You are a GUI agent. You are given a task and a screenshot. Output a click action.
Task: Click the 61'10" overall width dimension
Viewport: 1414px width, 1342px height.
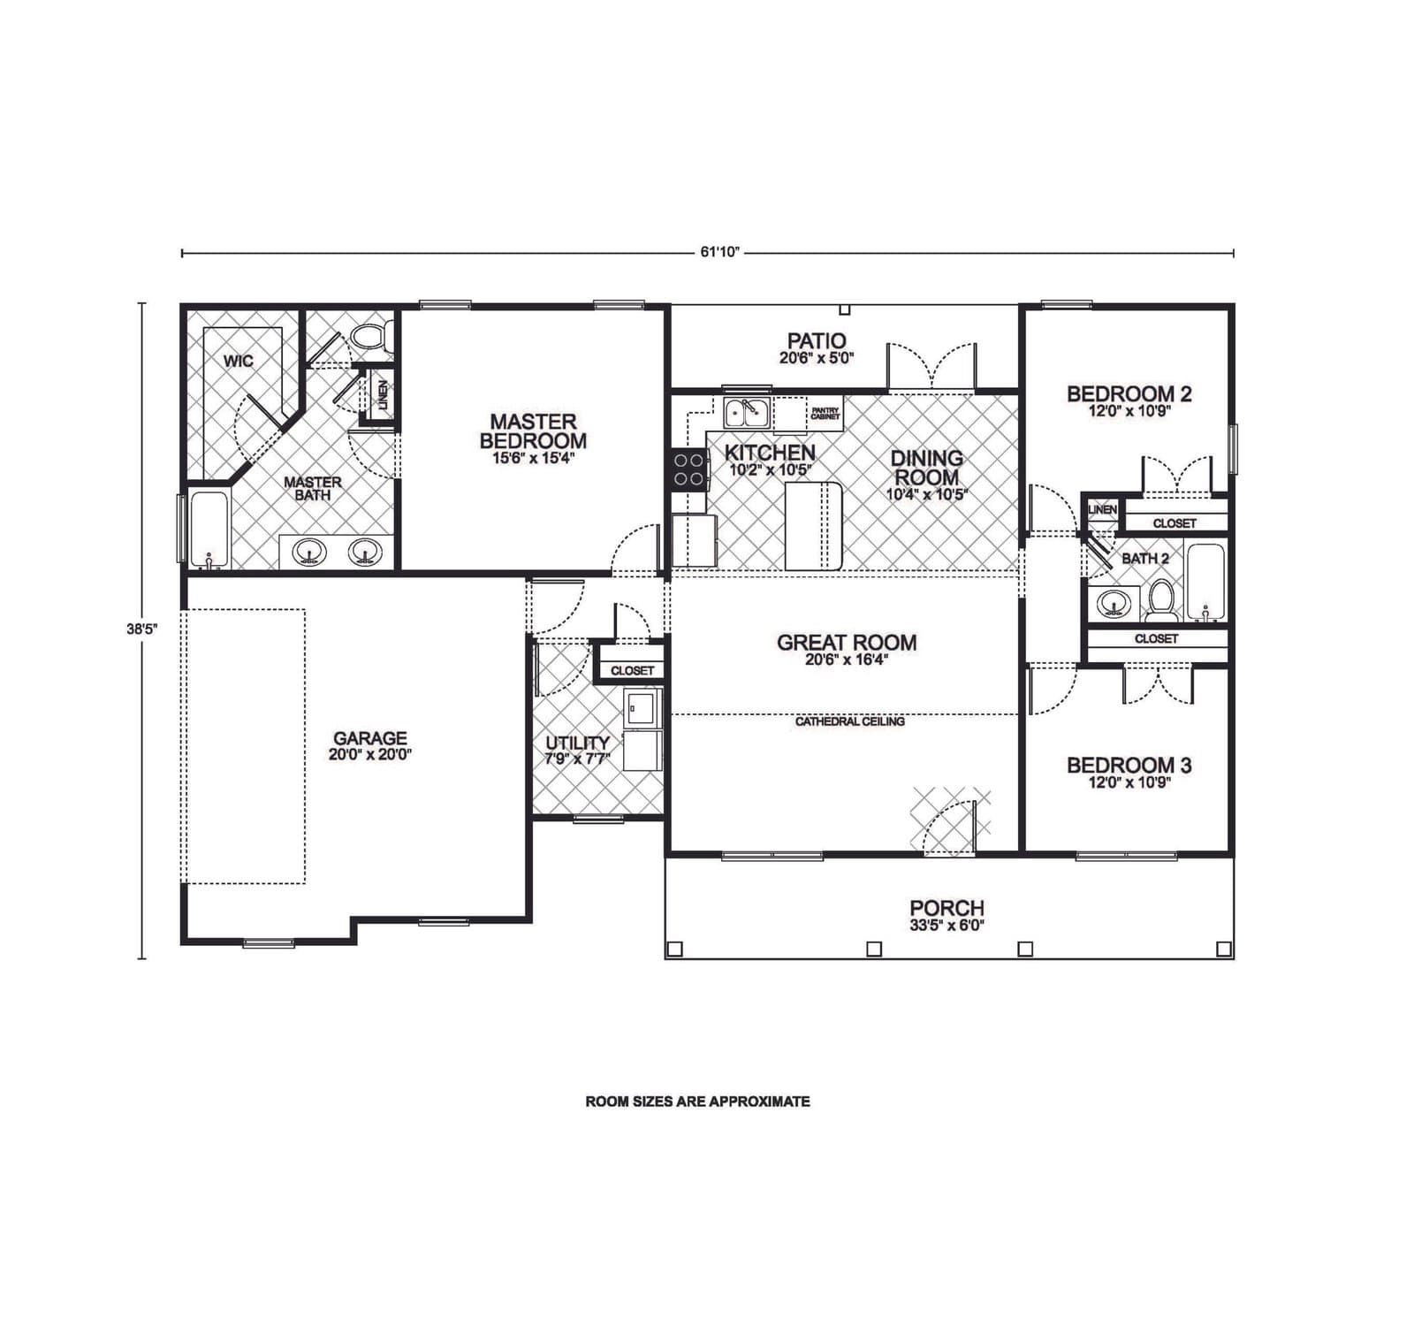719,252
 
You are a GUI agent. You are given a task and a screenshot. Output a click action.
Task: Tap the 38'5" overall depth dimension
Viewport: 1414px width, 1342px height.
141,629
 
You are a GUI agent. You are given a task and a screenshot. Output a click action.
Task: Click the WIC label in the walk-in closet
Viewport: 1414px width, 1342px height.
238,361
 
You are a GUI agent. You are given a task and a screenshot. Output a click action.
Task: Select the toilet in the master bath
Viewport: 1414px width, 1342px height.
366,336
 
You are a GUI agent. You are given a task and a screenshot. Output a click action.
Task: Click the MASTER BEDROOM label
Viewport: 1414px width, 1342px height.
533,431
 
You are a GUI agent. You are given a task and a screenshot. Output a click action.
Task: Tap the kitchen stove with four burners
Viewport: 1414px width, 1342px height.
689,469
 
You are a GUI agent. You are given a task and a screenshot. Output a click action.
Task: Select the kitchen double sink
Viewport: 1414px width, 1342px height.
747,413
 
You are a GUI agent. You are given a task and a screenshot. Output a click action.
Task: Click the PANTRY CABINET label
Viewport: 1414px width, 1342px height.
825,413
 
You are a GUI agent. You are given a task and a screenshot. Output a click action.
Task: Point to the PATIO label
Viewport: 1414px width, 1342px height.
817,340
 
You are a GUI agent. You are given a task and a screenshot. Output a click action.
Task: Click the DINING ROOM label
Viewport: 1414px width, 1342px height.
926,468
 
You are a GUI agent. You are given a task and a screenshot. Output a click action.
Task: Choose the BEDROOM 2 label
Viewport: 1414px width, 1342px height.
1129,394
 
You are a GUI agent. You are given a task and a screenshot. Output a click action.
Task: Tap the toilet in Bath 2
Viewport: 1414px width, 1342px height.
1161,601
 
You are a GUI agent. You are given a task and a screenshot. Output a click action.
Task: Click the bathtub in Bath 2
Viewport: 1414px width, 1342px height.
1205,581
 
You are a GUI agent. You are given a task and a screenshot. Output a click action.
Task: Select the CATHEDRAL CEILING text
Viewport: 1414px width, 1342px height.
849,721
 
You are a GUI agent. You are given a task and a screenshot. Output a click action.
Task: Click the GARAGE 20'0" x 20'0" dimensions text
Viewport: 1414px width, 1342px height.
370,755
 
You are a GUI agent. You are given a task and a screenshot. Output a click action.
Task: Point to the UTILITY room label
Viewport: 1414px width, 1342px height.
577,743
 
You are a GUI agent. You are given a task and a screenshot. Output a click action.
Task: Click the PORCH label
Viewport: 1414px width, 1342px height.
946,908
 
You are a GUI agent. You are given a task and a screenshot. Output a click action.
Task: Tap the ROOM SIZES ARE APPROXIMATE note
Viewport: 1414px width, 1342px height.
697,1102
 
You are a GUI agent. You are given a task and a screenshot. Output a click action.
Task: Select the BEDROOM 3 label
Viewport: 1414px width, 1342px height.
1129,766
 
